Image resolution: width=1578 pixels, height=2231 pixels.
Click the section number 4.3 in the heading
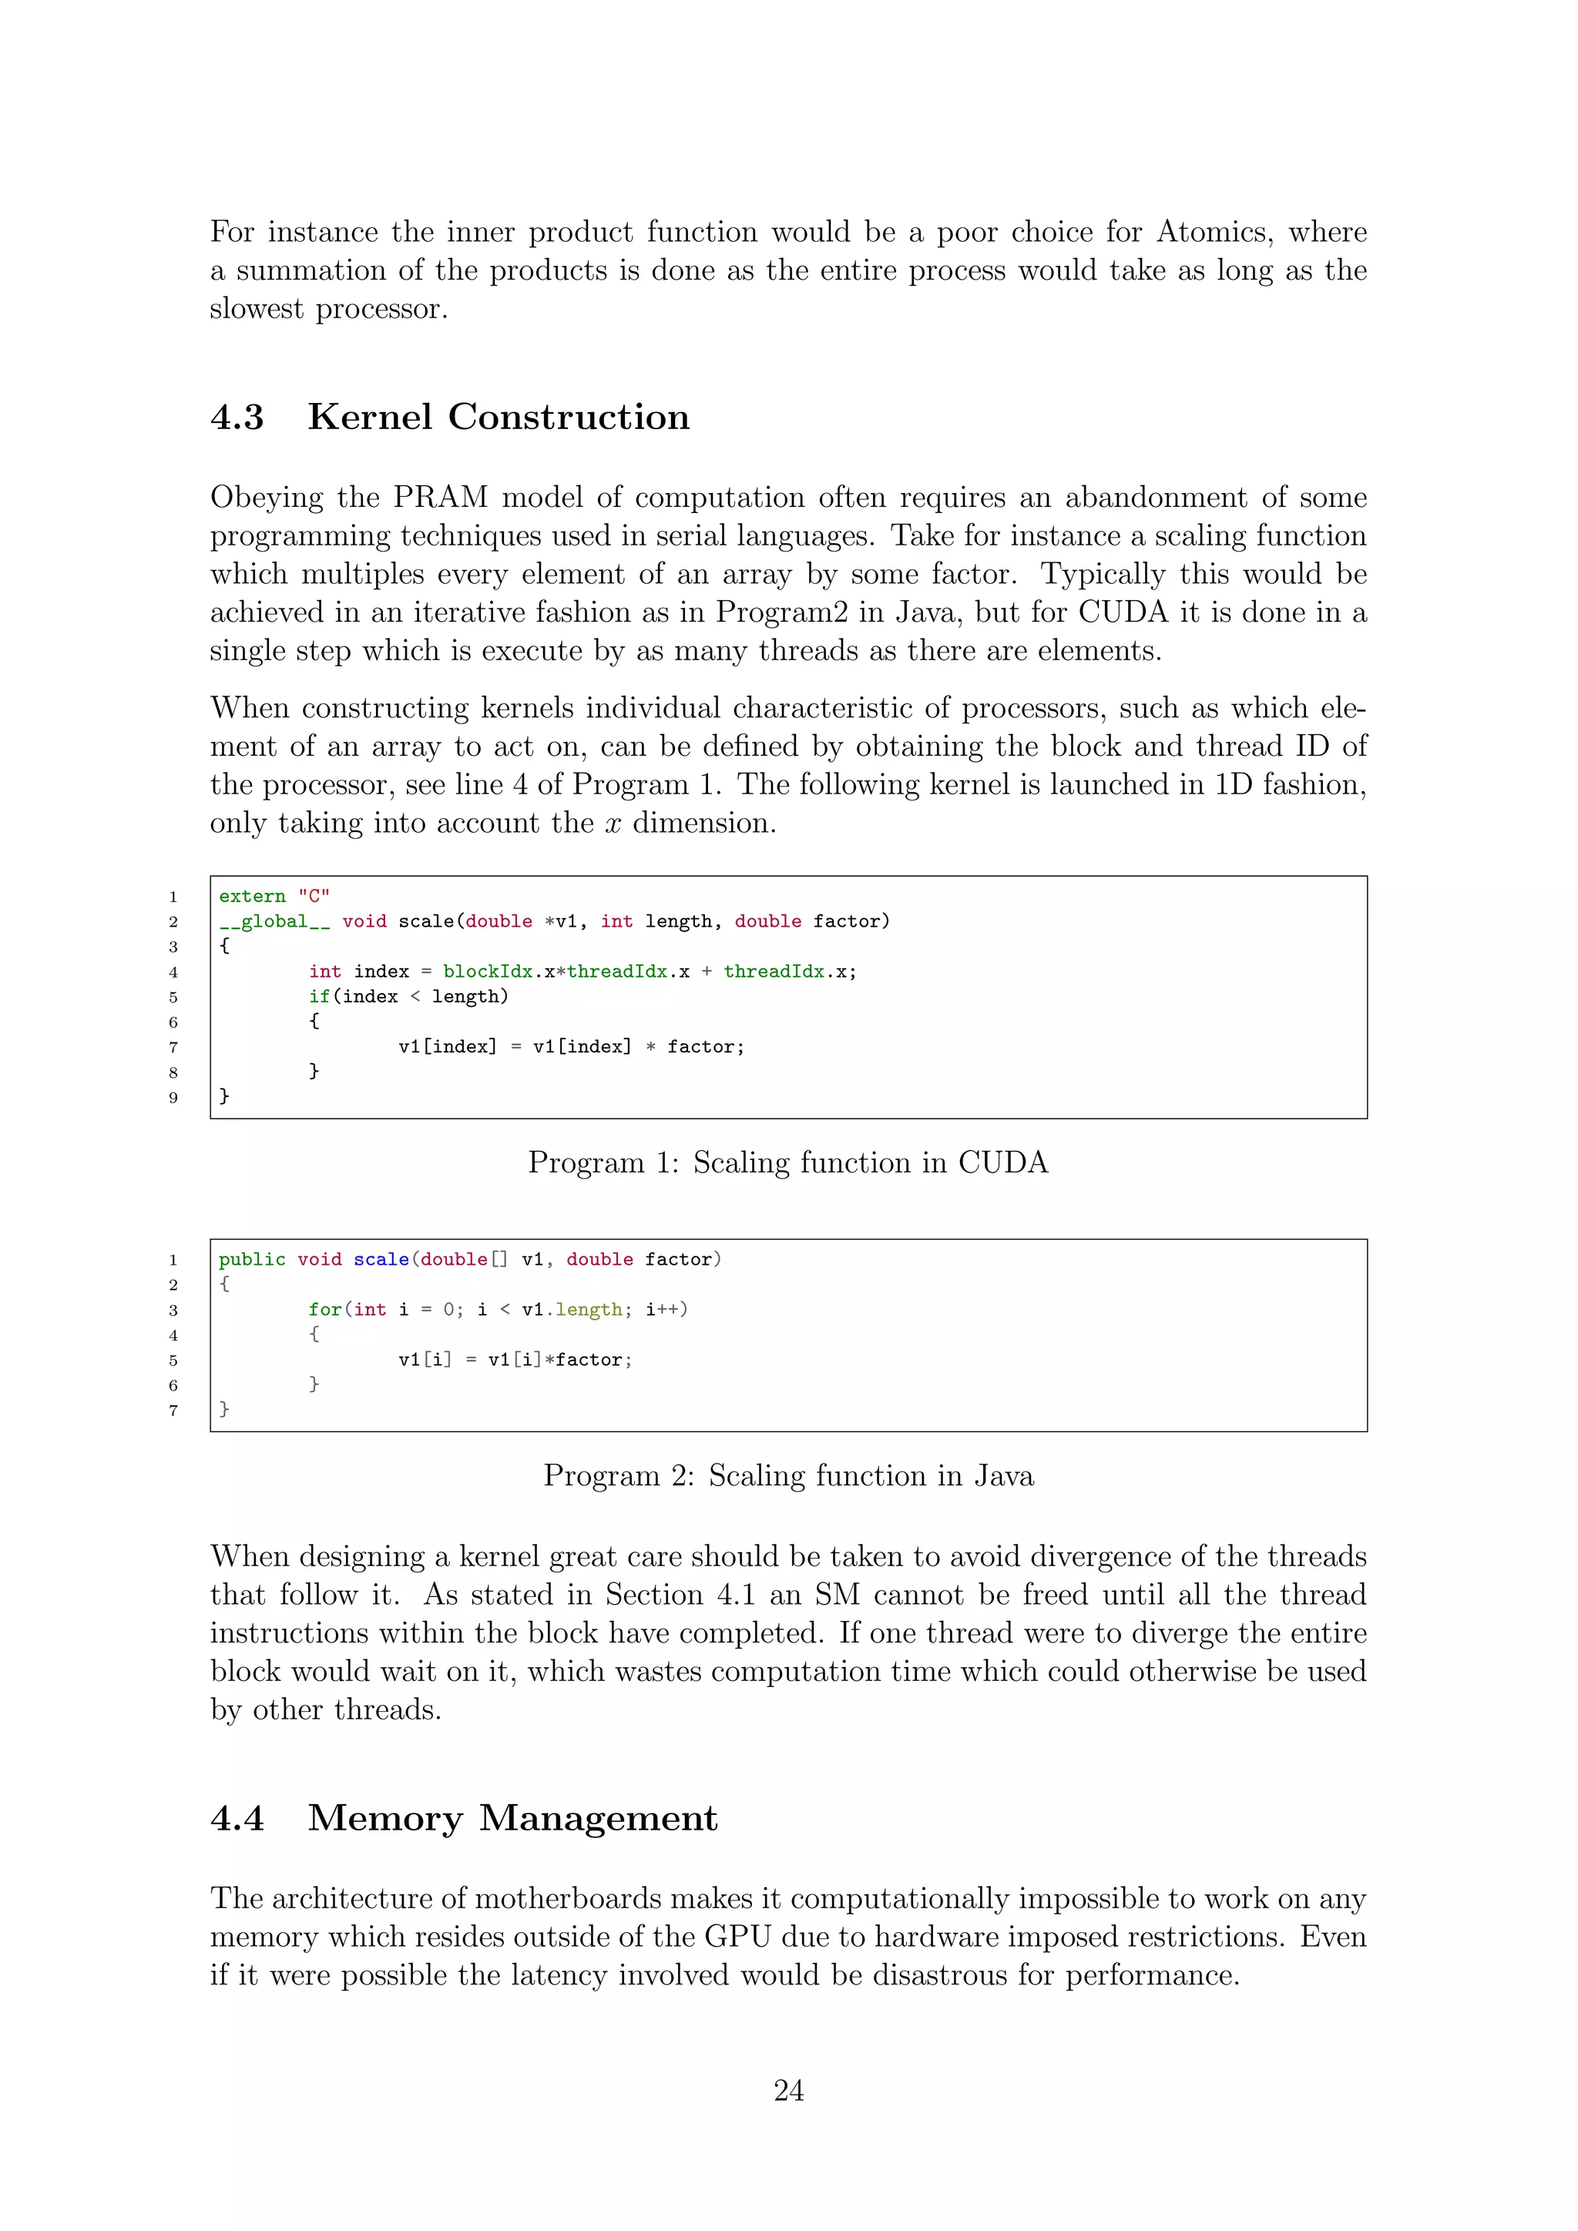[x=237, y=417]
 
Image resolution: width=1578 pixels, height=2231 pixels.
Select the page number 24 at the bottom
[x=788, y=2090]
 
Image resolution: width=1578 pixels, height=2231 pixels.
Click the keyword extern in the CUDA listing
[x=252, y=896]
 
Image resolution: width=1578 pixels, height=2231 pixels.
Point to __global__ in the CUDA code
[x=274, y=921]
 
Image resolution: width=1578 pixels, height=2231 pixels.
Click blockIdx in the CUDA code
[x=488, y=971]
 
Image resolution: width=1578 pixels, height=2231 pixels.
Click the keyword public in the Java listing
[x=252, y=1260]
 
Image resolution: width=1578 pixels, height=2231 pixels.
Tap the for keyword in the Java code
[x=324, y=1310]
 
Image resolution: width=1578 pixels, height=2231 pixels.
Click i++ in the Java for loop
[x=662, y=1310]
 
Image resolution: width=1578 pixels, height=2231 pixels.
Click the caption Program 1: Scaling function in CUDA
[x=788, y=1163]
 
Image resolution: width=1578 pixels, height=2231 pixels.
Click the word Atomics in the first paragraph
[x=1214, y=232]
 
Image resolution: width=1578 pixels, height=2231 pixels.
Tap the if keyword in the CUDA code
[x=319, y=997]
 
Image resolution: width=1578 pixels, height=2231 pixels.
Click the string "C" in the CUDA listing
[x=313, y=896]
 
